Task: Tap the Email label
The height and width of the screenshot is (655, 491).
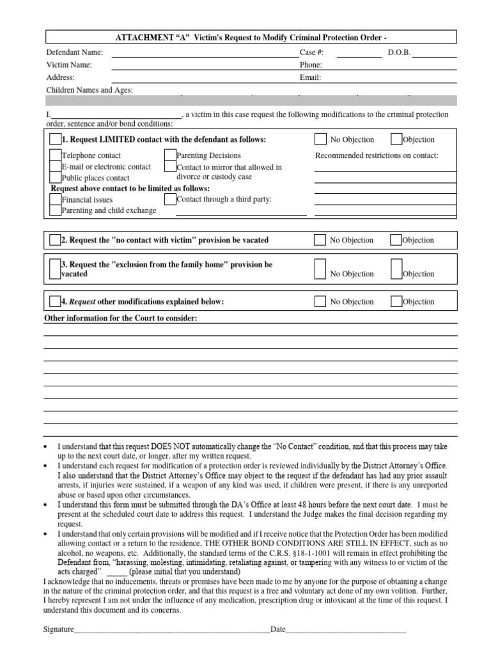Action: [x=310, y=78]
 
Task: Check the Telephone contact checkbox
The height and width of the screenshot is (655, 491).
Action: [x=55, y=155]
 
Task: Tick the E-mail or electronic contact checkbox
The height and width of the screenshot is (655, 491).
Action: [x=55, y=166]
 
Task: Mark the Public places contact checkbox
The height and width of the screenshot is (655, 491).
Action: [x=55, y=178]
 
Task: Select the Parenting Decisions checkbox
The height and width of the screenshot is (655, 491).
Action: [x=170, y=155]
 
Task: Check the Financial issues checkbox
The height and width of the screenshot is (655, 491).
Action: [x=55, y=200]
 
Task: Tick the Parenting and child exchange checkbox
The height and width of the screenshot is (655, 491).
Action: [x=55, y=210]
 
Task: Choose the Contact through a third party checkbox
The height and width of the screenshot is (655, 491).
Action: [x=170, y=200]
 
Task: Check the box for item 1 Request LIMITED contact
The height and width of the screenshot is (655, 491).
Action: [x=55, y=139]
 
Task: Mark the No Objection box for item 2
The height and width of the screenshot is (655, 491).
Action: [x=320, y=240]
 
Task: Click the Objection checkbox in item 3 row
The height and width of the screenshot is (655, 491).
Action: [x=396, y=269]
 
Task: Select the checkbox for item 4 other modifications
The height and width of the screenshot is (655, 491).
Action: [x=55, y=301]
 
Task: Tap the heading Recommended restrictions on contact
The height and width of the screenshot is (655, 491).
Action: [x=377, y=155]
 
